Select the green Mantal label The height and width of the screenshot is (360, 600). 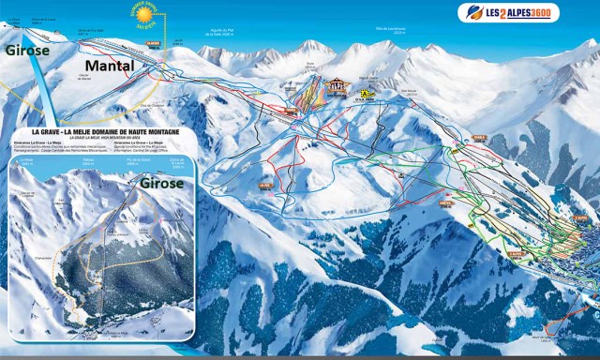111,66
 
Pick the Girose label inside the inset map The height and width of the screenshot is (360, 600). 161,184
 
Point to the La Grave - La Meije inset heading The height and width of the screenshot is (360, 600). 112,133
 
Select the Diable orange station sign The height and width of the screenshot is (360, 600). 479,139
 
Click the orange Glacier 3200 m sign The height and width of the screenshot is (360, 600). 154,43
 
